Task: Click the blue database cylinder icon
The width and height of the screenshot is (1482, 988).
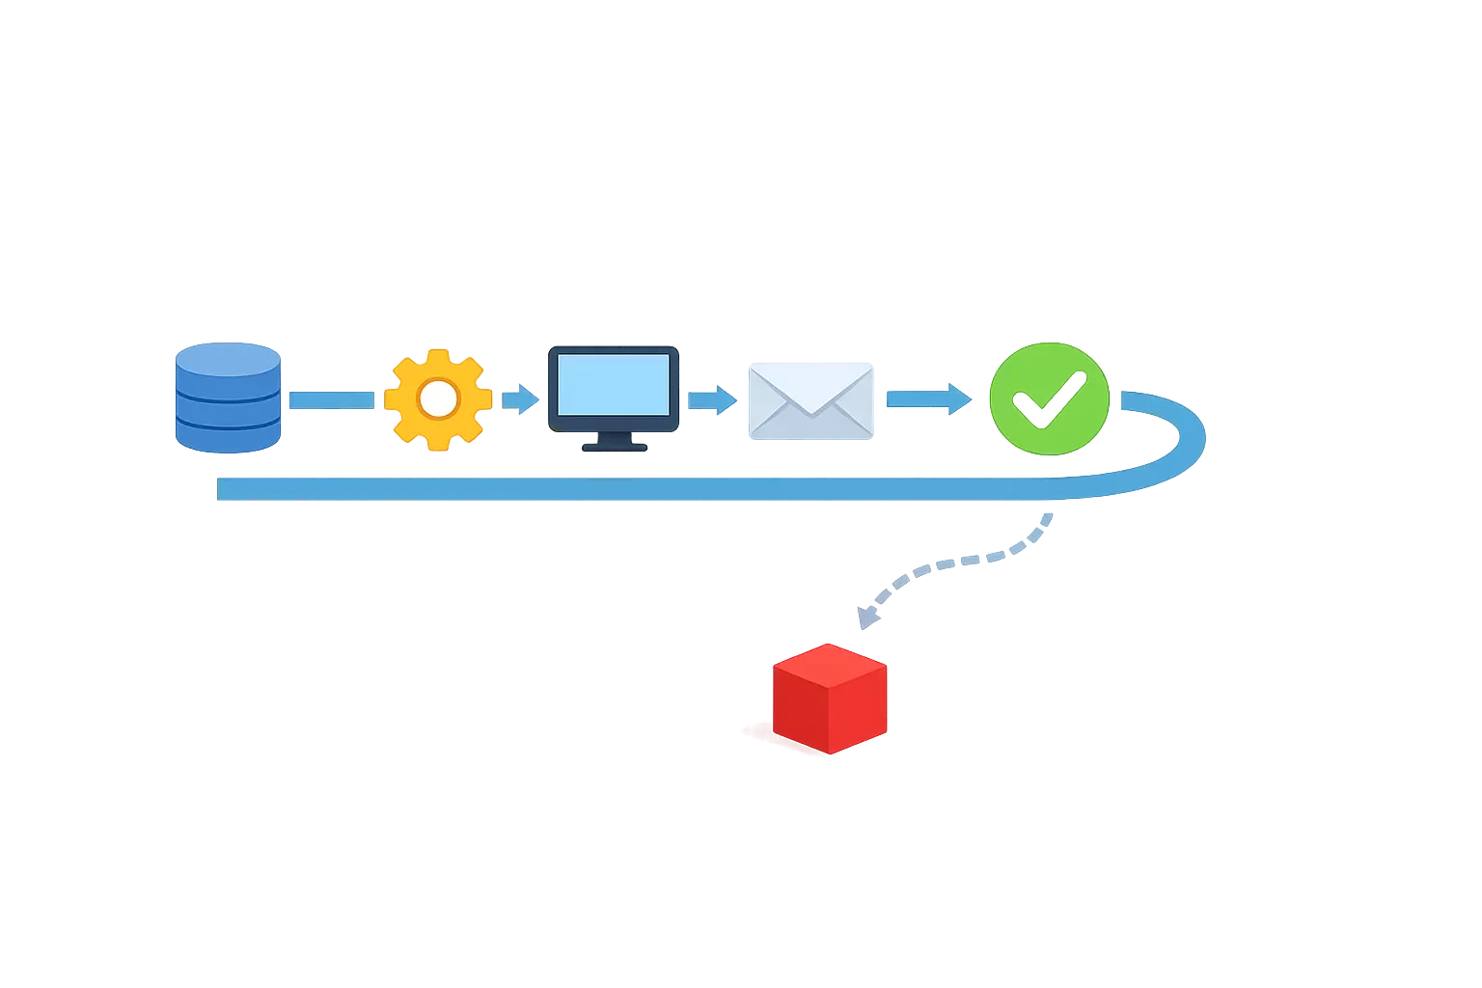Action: pos(228,398)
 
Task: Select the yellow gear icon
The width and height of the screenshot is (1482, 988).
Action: pos(438,399)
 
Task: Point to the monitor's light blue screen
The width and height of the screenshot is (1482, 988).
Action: pos(614,384)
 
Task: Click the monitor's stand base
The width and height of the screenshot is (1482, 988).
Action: pos(614,446)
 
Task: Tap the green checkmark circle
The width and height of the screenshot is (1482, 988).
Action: pos(1050,398)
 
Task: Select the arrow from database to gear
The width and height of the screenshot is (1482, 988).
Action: pos(332,399)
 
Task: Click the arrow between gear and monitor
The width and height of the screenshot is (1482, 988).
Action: pos(520,398)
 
